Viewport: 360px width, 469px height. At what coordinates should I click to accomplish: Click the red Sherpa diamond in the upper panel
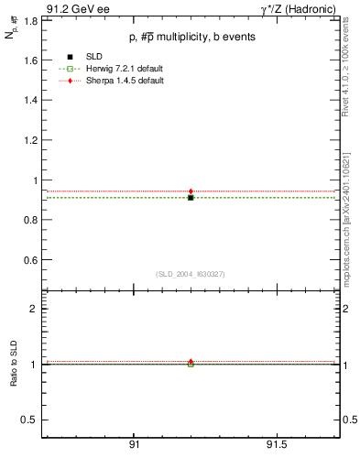[191, 191]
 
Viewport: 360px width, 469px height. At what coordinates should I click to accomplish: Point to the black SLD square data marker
[191, 197]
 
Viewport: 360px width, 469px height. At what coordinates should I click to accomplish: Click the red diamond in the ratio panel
[191, 362]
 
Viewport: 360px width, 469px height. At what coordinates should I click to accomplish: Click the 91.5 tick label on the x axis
[277, 445]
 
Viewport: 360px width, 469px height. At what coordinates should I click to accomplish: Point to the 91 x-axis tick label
[134, 445]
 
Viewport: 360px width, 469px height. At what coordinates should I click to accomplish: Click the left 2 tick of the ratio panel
[34, 309]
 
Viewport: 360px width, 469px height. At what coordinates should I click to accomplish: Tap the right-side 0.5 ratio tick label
[347, 420]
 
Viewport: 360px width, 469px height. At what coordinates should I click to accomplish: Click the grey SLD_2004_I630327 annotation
[190, 274]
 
